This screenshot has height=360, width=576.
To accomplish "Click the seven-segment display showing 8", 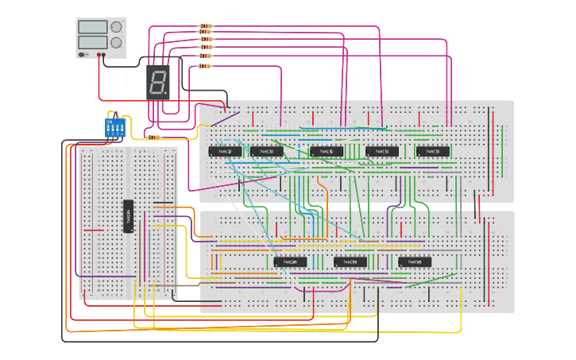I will click(158, 81).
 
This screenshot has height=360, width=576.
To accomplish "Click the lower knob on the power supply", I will click(116, 42).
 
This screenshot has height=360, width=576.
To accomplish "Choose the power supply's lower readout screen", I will click(91, 42).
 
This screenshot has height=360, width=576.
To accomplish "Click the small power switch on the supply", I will click(84, 55).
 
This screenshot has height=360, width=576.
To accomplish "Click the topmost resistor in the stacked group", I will click(205, 28).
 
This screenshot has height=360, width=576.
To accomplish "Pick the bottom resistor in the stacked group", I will click(205, 66).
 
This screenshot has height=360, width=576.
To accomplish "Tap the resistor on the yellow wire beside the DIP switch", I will click(153, 137).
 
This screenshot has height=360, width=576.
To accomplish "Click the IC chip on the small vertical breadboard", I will click(128, 216).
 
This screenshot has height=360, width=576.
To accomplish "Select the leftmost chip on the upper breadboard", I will click(225, 151).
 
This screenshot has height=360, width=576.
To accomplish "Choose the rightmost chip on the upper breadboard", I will click(433, 151).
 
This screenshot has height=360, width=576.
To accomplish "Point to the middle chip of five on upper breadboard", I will click(326, 151).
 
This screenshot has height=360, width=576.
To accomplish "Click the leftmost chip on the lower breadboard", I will click(290, 261).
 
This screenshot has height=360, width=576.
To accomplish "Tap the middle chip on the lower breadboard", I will click(350, 261).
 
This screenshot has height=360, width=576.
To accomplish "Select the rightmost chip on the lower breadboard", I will click(415, 261).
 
